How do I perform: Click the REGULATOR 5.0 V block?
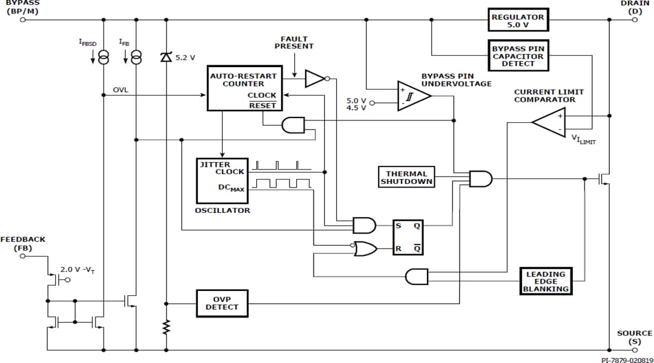click(517, 19)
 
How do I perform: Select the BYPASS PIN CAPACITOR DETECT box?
click(517, 56)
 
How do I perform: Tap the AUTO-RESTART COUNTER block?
click(243, 88)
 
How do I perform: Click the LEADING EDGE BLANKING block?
click(545, 281)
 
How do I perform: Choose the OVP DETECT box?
click(222, 303)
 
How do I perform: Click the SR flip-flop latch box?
click(409, 237)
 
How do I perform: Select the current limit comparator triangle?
click(550, 122)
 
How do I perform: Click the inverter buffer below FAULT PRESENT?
click(315, 78)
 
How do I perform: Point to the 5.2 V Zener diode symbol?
click(166, 57)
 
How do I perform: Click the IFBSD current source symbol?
click(104, 57)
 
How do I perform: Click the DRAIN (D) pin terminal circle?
click(635, 19)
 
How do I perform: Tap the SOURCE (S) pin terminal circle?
click(635, 350)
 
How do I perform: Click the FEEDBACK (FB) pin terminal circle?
click(23, 256)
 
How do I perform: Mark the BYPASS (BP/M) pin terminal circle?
click(23, 19)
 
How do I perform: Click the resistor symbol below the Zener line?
click(166, 327)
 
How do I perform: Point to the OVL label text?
click(121, 90)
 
